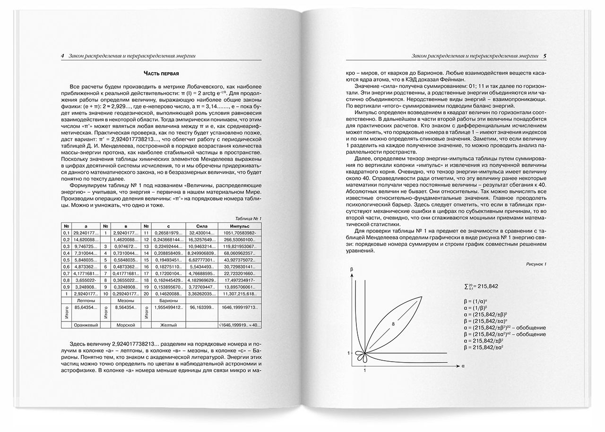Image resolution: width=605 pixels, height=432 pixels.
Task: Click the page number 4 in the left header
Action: (x=62, y=56)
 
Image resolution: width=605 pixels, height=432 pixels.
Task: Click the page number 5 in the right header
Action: (x=545, y=56)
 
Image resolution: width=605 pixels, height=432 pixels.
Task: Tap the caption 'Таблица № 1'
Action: (x=248, y=218)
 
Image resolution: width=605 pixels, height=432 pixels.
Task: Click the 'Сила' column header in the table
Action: (x=199, y=226)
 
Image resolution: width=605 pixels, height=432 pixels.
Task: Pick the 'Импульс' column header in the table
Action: (x=240, y=226)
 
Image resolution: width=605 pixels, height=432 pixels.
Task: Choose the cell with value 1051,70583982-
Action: (x=240, y=233)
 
